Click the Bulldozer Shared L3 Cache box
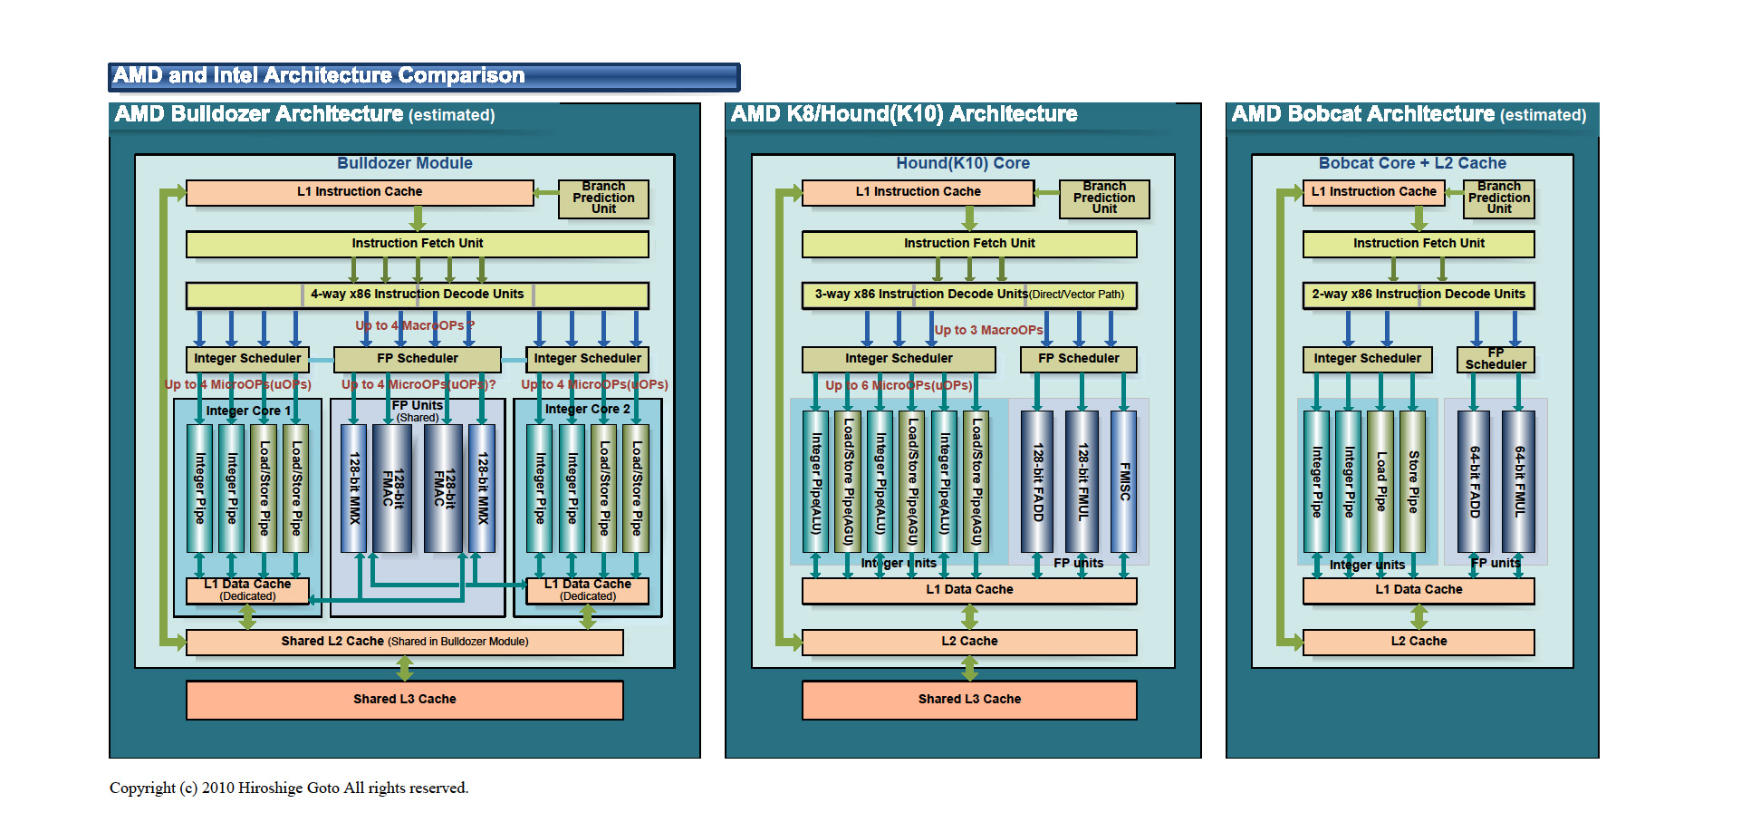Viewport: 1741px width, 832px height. [x=404, y=700]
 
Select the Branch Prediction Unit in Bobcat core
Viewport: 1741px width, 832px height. [x=1498, y=198]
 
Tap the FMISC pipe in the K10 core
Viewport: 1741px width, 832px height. [x=1123, y=481]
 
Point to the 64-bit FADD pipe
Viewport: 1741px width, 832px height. [x=1474, y=481]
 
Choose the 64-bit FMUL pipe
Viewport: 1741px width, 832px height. [x=1519, y=481]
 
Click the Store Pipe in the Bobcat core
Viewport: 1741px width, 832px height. [x=1412, y=481]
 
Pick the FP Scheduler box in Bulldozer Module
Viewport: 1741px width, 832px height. [x=417, y=359]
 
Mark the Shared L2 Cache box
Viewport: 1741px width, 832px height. [x=404, y=642]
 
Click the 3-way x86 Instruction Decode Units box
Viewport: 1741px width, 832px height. [x=968, y=295]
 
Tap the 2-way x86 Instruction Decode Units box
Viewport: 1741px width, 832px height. [x=1418, y=295]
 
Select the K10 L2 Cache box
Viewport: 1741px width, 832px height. [x=968, y=642]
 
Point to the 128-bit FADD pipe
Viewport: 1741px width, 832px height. [x=1037, y=481]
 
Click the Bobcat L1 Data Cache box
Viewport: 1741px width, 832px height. [x=1418, y=590]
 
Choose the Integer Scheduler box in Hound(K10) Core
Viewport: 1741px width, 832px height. [x=898, y=359]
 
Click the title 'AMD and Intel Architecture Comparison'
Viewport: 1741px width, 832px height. [x=319, y=76]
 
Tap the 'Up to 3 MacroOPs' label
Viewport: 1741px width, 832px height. [x=987, y=331]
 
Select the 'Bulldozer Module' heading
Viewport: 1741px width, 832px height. [x=404, y=163]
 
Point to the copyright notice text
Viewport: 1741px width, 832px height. [x=289, y=788]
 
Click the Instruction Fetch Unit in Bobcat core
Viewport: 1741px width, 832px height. [x=1418, y=244]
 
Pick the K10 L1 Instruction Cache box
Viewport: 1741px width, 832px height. [x=918, y=192]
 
